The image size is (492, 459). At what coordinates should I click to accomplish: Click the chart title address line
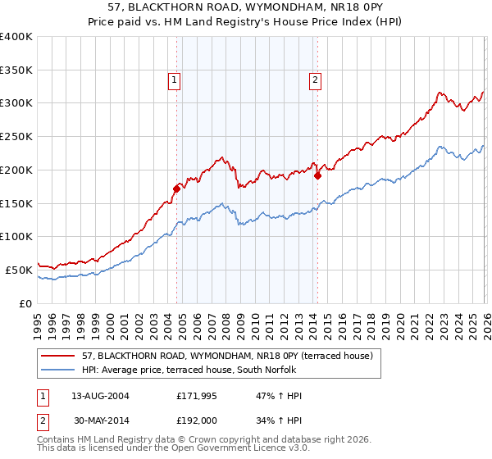[246, 7]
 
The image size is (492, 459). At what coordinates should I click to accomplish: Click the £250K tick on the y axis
[16, 137]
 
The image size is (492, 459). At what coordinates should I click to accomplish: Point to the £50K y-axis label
[18, 270]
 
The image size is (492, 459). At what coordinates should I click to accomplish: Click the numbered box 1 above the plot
[175, 80]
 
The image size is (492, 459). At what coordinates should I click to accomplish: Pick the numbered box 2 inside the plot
[316, 80]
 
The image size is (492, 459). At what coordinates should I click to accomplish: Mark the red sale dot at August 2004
[176, 189]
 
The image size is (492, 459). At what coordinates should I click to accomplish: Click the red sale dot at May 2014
[317, 175]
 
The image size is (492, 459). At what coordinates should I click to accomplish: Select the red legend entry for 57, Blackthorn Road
[228, 356]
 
